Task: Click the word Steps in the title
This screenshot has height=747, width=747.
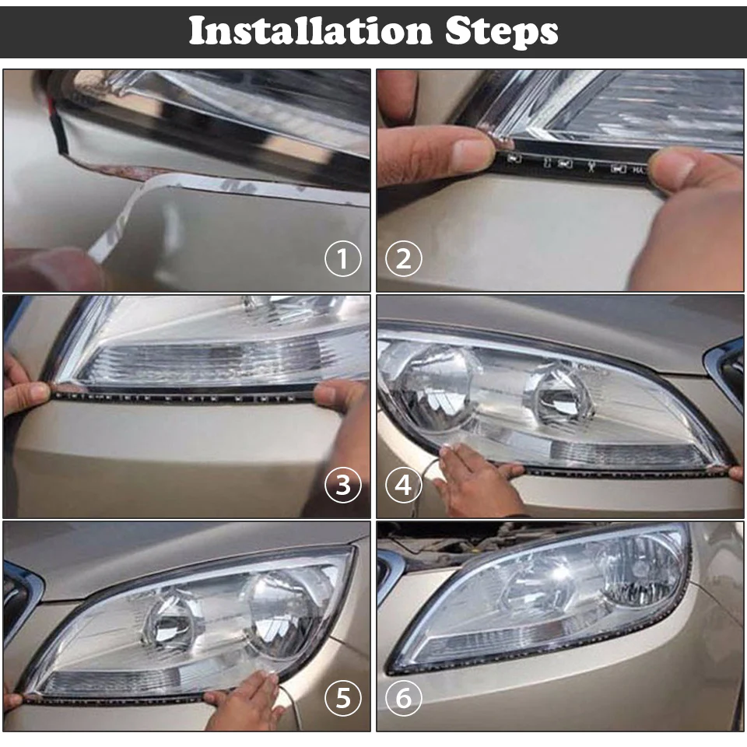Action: (502, 32)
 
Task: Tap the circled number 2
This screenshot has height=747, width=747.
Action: (403, 259)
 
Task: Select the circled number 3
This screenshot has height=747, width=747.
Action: (343, 485)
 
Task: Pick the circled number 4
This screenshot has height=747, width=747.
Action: (403, 485)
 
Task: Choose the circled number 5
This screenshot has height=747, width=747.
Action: (343, 699)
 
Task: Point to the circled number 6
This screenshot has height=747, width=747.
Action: (403, 699)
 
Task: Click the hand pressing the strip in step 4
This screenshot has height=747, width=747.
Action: (475, 479)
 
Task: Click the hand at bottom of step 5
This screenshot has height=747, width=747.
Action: (245, 700)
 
